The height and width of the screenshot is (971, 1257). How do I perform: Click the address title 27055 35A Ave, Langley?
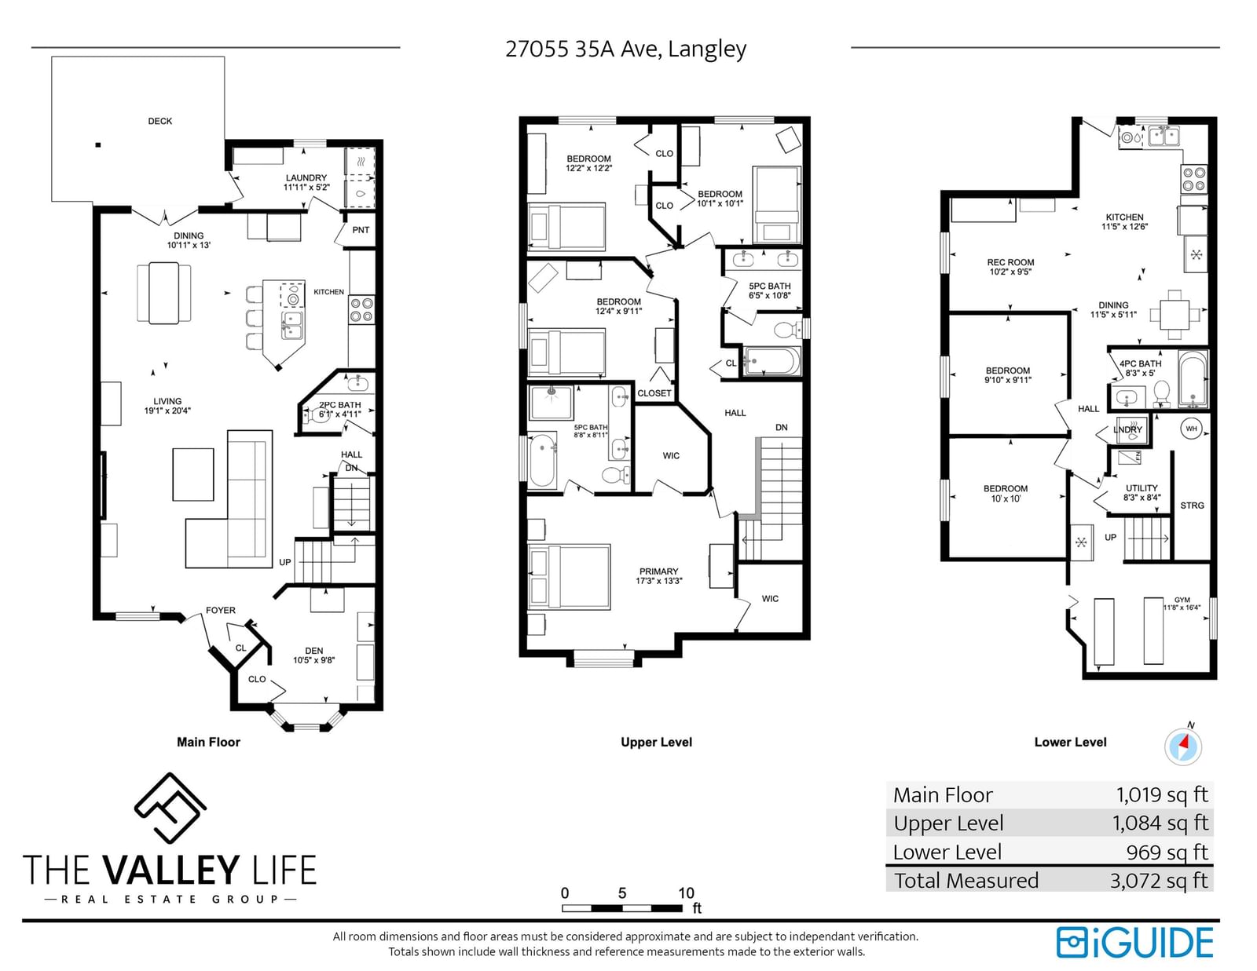pos(625,49)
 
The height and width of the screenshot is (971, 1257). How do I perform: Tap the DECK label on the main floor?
pos(160,121)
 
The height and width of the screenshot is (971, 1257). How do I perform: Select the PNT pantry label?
pos(361,229)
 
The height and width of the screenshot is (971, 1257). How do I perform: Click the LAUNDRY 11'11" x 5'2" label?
pos(306,182)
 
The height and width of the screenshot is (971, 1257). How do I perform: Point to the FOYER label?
pos(221,610)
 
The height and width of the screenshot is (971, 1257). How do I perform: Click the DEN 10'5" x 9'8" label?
pos(314,655)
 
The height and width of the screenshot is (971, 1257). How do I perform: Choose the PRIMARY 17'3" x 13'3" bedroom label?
pos(659,575)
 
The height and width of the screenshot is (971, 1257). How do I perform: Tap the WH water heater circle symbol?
pos(1191,429)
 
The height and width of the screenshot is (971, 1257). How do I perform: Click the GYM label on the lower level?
pos(1182,604)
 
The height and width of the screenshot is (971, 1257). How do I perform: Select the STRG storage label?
pos(1193,506)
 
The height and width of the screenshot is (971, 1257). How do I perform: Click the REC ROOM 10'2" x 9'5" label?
pos(1010,266)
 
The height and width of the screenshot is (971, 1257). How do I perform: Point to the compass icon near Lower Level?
pos(1183,746)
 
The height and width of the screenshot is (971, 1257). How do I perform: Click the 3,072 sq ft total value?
pos(1159,880)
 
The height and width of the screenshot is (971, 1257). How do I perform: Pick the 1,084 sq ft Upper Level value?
pos(1160,823)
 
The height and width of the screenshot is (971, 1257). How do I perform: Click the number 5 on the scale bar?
pos(622,893)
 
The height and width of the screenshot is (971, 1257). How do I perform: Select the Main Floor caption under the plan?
pos(208,742)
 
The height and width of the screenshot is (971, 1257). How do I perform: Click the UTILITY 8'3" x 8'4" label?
pos(1142,492)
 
